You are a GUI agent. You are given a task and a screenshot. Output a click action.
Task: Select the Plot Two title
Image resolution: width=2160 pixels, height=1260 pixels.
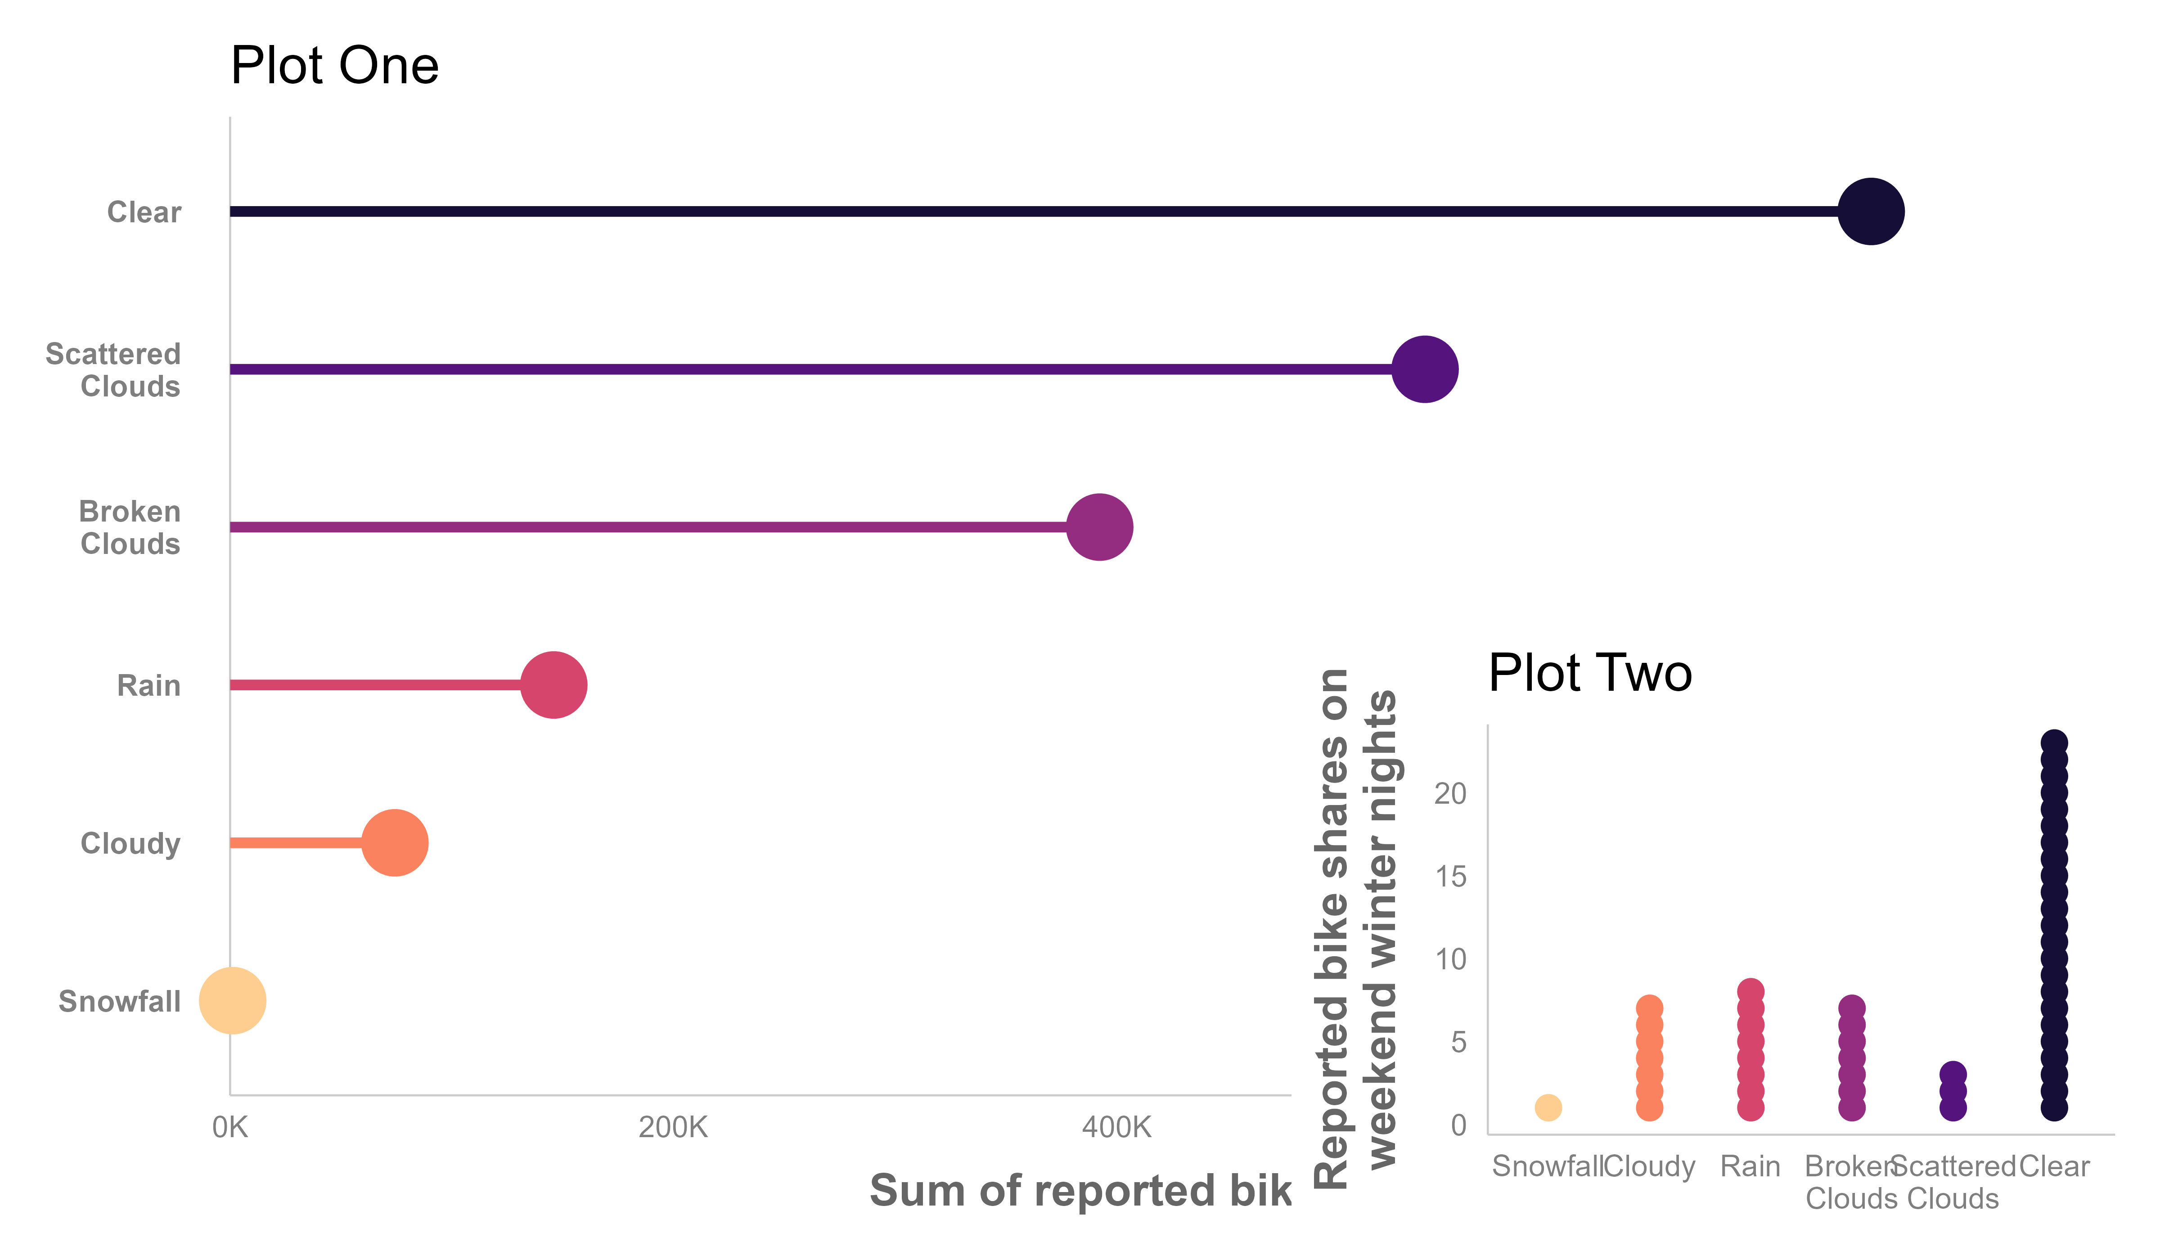click(1590, 673)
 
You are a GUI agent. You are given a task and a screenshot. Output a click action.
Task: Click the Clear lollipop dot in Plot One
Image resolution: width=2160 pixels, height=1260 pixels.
click(1871, 211)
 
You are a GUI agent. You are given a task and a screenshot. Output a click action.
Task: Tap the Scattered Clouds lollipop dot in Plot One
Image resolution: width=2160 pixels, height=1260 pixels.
click(1425, 369)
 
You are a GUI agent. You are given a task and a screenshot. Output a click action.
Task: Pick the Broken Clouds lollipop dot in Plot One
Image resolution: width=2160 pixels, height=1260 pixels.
click(1100, 527)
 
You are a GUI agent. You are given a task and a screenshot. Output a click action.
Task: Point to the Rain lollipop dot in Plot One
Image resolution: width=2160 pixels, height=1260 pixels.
click(553, 685)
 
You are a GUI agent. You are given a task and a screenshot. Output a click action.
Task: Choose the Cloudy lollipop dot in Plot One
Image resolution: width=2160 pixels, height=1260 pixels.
click(394, 842)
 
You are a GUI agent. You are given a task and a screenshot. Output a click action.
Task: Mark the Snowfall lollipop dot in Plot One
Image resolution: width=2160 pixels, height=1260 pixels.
click(232, 1000)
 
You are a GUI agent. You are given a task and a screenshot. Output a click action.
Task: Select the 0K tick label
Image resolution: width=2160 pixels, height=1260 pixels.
click(229, 1127)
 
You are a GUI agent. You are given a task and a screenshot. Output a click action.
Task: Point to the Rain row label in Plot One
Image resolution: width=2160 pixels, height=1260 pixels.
click(148, 686)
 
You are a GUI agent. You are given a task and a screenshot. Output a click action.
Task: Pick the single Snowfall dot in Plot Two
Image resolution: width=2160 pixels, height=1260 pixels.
click(1548, 1107)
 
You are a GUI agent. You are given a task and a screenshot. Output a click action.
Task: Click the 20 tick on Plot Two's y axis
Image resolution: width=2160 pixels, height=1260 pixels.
click(1450, 794)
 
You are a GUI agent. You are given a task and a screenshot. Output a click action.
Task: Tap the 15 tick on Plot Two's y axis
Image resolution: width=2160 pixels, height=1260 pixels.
click(1450, 876)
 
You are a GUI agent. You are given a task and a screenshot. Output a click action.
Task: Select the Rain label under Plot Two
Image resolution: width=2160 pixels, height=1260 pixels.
click(1750, 1166)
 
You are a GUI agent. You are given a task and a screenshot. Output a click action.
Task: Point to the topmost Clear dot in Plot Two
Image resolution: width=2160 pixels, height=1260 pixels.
click(2054, 742)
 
